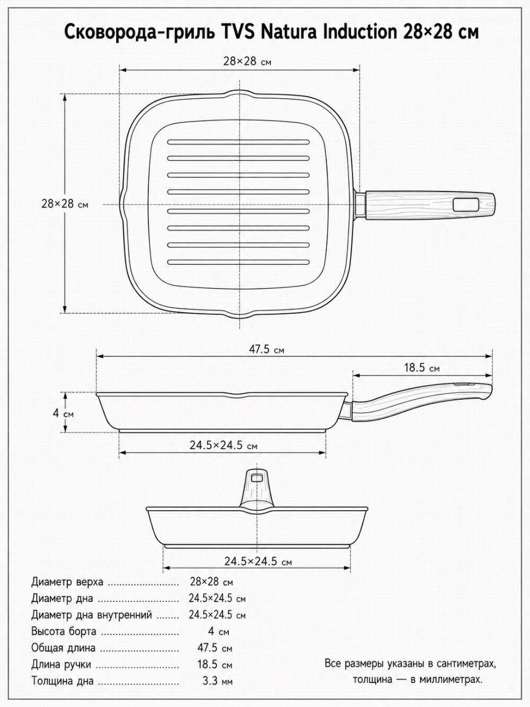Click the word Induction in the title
(x=360, y=32)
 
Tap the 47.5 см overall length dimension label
(x=267, y=350)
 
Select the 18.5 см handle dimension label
(x=421, y=368)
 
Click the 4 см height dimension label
(x=63, y=413)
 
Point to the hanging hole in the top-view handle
(x=466, y=205)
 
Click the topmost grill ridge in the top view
(x=238, y=142)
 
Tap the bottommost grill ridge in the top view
(x=238, y=262)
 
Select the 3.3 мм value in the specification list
(x=217, y=681)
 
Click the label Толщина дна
(x=63, y=681)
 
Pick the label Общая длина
(x=64, y=648)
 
